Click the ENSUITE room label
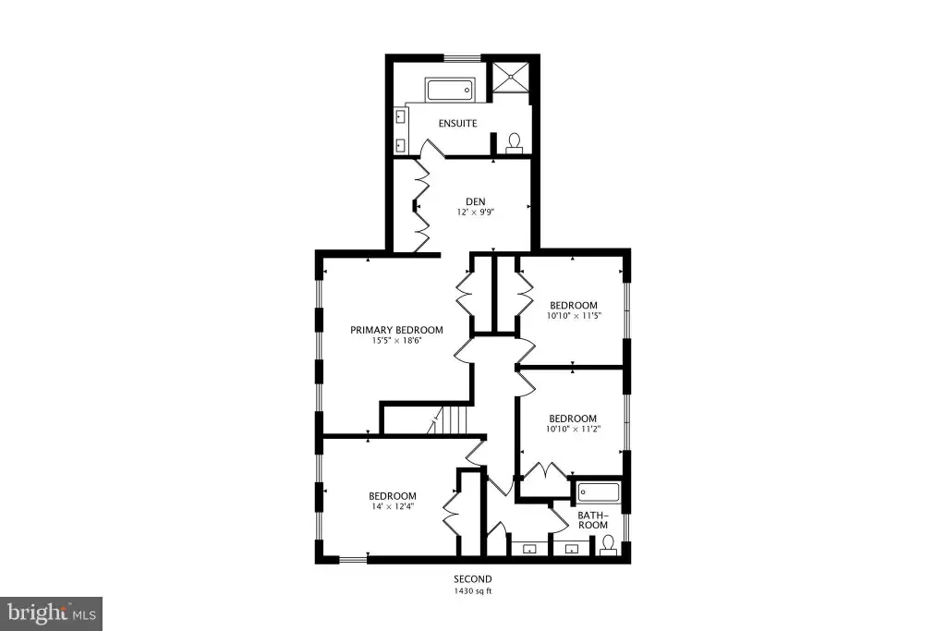457,123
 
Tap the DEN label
476,201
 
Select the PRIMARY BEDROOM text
396,330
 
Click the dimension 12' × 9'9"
476,212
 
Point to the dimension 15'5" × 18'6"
396,341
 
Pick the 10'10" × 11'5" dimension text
573,316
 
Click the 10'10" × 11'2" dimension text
573,429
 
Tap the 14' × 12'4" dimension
393,506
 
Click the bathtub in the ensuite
450,91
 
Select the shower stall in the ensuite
512,76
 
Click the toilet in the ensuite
515,143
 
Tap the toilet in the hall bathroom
608,545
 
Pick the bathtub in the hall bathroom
599,492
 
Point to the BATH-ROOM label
593,520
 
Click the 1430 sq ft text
473,591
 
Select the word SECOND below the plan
473,579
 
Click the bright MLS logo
52,614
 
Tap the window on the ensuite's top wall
463,58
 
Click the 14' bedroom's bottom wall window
353,560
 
